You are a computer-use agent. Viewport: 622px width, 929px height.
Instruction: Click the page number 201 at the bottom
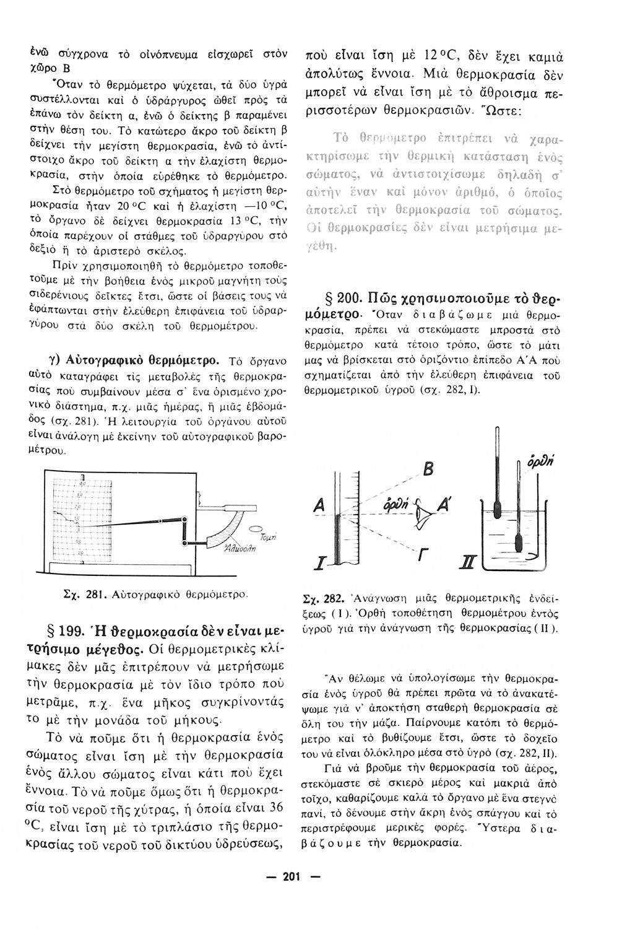pos(291,876)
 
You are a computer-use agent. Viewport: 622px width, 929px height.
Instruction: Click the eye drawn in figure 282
pos(423,510)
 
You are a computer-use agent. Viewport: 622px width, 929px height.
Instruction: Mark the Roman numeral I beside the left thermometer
pos(319,564)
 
